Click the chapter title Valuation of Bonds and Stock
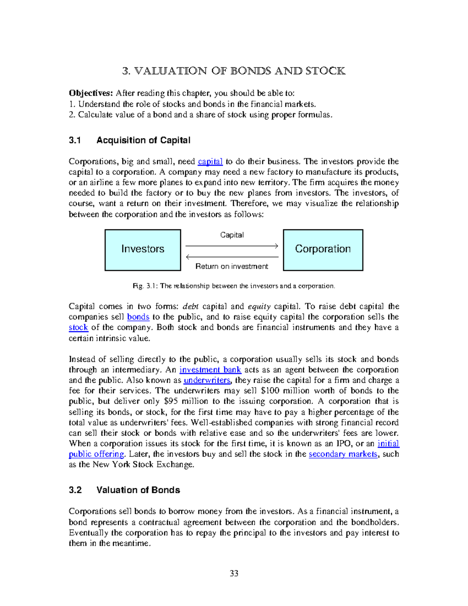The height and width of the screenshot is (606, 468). click(234, 71)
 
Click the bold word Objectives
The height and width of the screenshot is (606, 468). click(90, 93)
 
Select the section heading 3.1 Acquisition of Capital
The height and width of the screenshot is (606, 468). click(129, 140)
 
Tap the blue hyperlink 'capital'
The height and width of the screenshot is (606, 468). click(210, 162)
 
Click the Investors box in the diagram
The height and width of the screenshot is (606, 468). click(143, 250)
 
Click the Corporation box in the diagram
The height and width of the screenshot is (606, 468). click(323, 250)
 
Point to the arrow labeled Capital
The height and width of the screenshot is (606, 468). click(232, 246)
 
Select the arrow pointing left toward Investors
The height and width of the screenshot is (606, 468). click(232, 257)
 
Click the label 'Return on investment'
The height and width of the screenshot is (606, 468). click(232, 267)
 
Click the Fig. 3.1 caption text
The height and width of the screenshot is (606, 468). click(234, 286)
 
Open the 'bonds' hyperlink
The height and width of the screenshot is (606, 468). click(138, 317)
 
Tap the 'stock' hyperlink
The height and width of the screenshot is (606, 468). click(78, 327)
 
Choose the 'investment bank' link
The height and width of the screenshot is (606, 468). click(210, 370)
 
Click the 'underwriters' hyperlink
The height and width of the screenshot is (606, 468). click(207, 380)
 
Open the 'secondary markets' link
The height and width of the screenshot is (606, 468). click(343, 454)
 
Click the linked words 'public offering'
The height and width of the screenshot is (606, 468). click(96, 454)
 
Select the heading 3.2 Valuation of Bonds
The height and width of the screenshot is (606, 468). click(124, 490)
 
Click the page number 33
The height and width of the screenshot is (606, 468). click(234, 573)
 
